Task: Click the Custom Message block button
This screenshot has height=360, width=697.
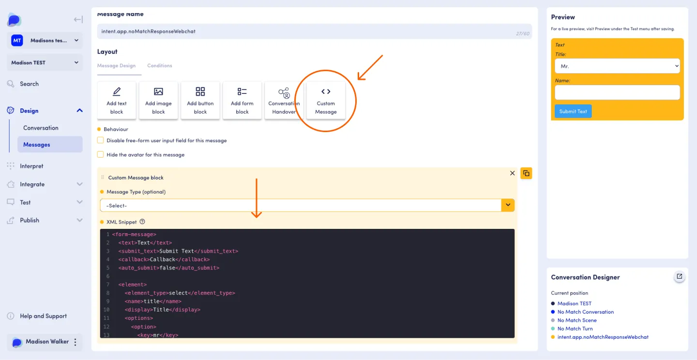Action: [326, 100]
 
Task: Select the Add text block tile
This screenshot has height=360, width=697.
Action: [116, 100]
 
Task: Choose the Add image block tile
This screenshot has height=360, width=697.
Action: [158, 100]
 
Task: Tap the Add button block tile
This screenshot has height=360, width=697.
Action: [200, 100]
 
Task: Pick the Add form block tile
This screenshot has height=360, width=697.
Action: [242, 100]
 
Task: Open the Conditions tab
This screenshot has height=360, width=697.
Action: [160, 66]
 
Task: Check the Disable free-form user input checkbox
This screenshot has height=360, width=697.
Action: [100, 140]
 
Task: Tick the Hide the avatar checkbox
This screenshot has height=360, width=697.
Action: [100, 155]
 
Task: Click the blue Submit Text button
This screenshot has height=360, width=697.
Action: [573, 111]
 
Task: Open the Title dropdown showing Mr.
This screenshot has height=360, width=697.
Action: [617, 66]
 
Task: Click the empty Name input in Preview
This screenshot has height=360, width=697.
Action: [617, 92]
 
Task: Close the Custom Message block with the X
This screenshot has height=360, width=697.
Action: [512, 173]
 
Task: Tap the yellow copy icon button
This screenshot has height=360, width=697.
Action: [526, 173]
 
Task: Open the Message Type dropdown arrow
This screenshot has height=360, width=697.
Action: [508, 205]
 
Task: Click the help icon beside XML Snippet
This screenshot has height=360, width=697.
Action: [142, 222]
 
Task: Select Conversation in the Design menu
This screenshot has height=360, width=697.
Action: [41, 128]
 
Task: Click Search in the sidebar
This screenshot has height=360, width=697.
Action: [29, 84]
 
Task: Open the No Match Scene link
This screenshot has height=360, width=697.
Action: [577, 320]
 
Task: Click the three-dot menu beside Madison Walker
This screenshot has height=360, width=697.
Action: [76, 342]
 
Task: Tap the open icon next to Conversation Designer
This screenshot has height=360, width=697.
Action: [679, 276]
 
